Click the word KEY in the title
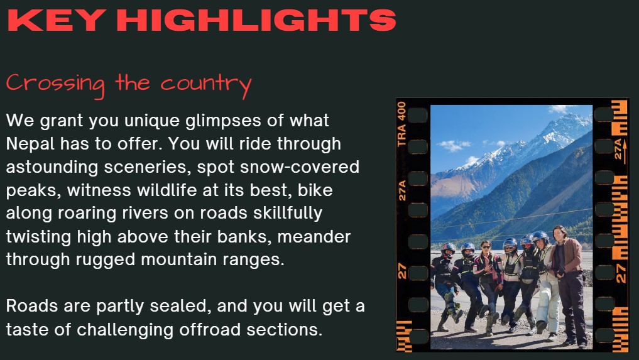tap(55, 20)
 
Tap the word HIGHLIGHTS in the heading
tap(256, 20)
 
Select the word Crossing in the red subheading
tap(55, 84)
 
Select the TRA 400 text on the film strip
tap(402, 124)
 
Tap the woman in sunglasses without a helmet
tap(488, 285)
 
